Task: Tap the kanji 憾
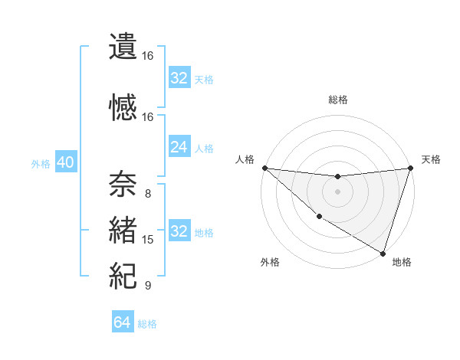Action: tap(123, 108)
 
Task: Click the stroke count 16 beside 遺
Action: tap(148, 56)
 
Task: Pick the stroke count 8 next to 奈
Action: tap(148, 193)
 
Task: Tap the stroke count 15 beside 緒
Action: tap(148, 240)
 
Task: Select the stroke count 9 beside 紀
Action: tap(148, 286)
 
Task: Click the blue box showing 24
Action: tap(179, 147)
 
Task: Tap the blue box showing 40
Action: tap(65, 163)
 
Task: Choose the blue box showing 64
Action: tap(123, 322)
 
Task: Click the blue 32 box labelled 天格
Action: tap(179, 78)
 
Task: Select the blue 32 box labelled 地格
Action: tap(179, 231)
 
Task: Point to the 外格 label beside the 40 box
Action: tap(41, 164)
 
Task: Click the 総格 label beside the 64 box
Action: tap(147, 324)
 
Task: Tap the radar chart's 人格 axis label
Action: tap(245, 159)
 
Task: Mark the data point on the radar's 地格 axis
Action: tap(383, 253)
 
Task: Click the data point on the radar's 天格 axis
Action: tap(409, 168)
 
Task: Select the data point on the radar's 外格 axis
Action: tap(319, 217)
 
